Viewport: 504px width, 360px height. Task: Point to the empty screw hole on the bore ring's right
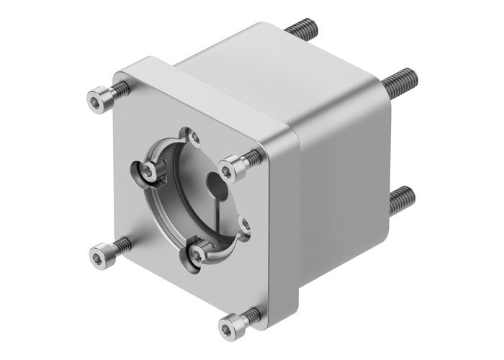(245, 225)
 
